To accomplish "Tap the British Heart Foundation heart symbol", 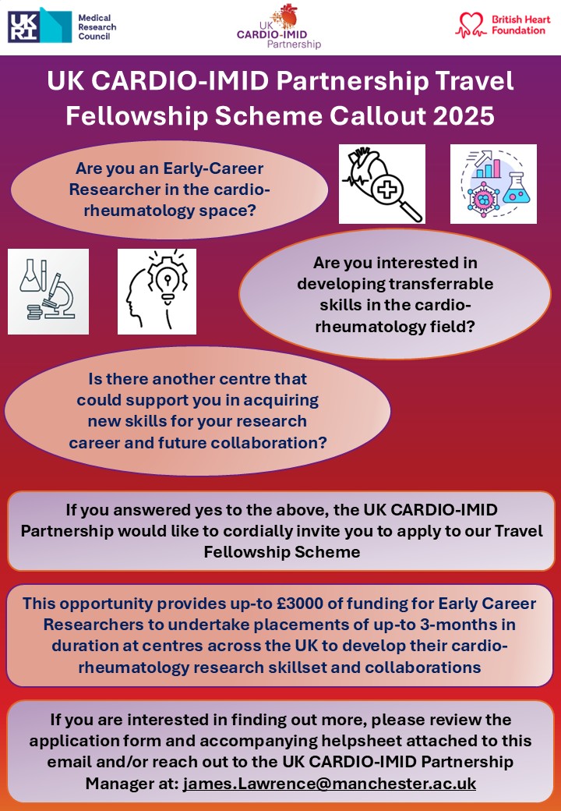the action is coord(471,25).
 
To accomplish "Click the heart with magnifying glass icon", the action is coord(382,184).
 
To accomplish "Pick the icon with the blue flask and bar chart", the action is coord(493,184).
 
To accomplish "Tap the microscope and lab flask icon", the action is coord(48,292).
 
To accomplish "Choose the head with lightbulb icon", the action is coord(157,292).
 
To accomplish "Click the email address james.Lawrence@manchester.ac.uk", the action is coord(330,783).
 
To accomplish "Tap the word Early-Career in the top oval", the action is coord(213,169).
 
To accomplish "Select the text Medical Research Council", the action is coord(97,27).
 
